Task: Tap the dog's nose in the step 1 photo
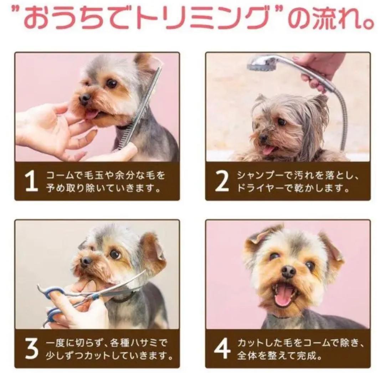click(85, 98)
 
